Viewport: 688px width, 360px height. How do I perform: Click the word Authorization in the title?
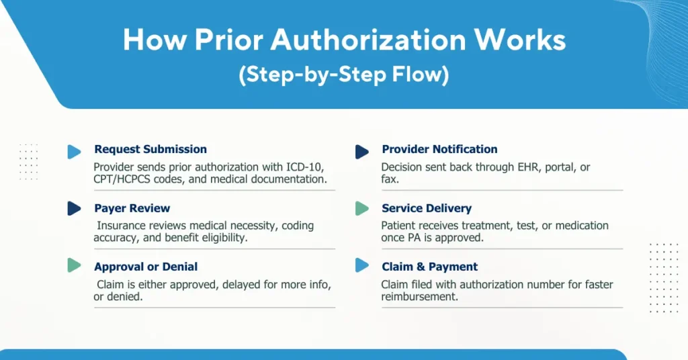click(368, 40)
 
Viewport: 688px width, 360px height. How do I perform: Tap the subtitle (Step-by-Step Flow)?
click(344, 74)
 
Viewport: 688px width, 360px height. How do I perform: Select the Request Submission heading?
click(150, 149)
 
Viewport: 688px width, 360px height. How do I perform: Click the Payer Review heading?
click(132, 208)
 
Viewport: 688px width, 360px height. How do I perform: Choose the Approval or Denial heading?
click(146, 267)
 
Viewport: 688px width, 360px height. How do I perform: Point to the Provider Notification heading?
click(439, 149)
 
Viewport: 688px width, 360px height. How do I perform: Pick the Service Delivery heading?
click(427, 208)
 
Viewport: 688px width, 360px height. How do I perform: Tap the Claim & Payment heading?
click(429, 267)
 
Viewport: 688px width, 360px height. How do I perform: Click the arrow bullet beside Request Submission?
click(74, 152)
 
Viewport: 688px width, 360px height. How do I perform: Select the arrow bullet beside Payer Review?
click(74, 208)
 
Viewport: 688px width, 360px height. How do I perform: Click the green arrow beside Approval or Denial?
click(74, 265)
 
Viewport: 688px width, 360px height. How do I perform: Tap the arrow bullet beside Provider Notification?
click(362, 152)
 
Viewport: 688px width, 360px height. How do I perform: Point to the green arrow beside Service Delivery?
click(362, 208)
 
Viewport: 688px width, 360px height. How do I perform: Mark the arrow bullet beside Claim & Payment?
click(362, 265)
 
